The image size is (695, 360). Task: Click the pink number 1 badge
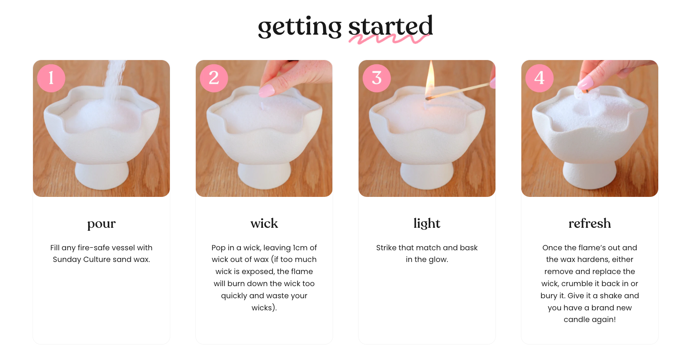[51, 78]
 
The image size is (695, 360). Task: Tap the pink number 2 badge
[214, 78]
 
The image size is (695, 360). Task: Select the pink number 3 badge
[377, 78]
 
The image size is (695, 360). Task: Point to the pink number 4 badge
[539, 78]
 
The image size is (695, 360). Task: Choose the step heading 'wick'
[264, 223]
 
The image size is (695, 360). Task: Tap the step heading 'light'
[427, 224]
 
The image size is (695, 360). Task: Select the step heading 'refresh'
[589, 223]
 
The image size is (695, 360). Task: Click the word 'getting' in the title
[300, 27]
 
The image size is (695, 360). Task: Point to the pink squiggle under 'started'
[389, 39]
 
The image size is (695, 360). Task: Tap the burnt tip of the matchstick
[429, 98]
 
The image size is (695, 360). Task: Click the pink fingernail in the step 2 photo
[267, 90]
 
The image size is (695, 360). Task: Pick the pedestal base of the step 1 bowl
[102, 176]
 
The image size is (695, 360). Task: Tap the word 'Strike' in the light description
[386, 248]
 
